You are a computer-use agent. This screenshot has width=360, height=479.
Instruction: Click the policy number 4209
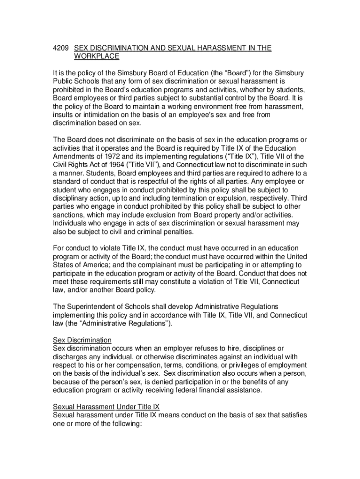(x=61, y=48)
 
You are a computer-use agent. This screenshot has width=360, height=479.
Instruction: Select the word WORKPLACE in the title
(x=97, y=57)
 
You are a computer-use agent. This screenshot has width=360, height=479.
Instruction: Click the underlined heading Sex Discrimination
(x=82, y=340)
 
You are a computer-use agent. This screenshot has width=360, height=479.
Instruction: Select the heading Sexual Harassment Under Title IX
(x=106, y=407)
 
